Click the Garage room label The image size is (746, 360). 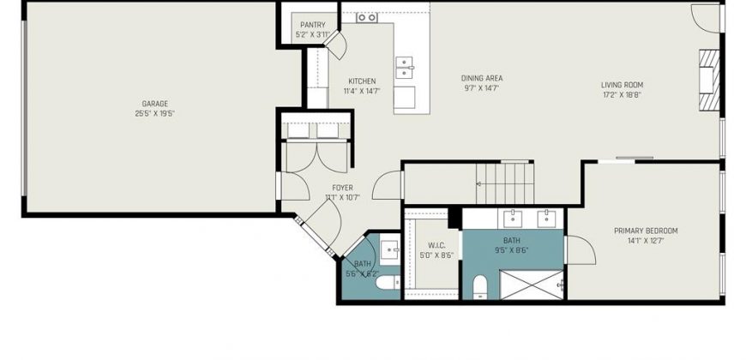pos(155,104)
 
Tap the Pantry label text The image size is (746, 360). pos(313,25)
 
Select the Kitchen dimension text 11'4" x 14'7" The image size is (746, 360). pos(362,91)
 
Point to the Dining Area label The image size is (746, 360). pos(482,78)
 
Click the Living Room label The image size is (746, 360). pos(622,85)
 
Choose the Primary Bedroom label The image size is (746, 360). pos(646,231)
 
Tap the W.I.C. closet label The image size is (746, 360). pos(436,245)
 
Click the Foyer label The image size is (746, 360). pos(342,188)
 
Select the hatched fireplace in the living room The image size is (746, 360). pos(709,81)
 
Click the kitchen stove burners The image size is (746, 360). pos(367,18)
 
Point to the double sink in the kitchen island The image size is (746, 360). pos(404,68)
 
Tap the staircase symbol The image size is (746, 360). pos(505,183)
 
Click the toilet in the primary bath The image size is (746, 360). pos(480,287)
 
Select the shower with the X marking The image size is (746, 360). pos(532,285)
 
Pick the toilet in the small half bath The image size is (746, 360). pos(388,283)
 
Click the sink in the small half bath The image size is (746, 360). pos(390,249)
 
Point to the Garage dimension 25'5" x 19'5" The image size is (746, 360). pos(155,114)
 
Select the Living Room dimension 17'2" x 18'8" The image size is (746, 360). pos(622,94)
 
